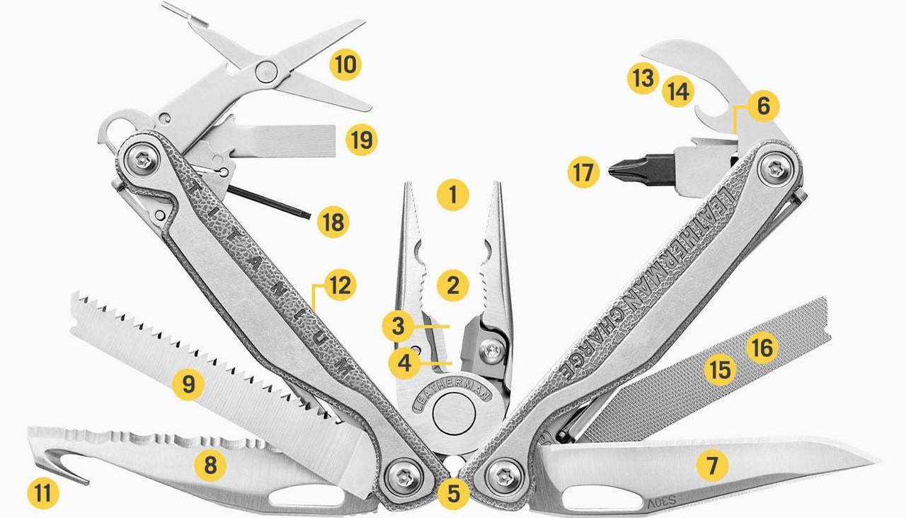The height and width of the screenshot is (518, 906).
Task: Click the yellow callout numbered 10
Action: pos(345,65)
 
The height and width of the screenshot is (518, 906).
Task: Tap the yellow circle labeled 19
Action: pos(362,140)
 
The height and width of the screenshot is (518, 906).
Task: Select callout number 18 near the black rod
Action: pos(333,223)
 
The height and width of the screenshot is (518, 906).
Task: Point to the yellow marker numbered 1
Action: pos(453,193)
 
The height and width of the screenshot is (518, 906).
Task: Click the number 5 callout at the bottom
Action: pos(453,492)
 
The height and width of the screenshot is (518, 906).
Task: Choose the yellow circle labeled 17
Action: pos(583,172)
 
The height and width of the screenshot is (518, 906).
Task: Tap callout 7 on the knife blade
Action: pos(712,466)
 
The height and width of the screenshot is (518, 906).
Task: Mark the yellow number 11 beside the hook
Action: pos(43,492)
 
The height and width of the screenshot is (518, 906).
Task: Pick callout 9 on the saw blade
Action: pos(188,385)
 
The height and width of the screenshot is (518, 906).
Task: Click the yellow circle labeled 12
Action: pos(340,286)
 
